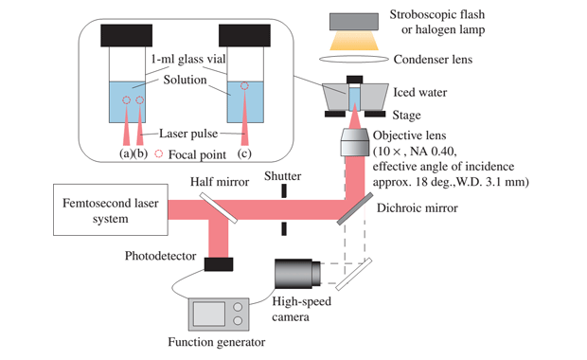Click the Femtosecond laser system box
tap(111, 209)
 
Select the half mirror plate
tap(219, 207)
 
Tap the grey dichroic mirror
tap(354, 208)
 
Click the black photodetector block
tap(219, 264)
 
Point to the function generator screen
tap(209, 314)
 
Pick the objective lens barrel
tap(354, 142)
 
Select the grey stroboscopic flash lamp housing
tap(354, 22)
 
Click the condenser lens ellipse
tap(354, 59)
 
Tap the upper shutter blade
tap(284, 190)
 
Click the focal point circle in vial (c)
tap(244, 86)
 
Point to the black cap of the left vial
tap(127, 36)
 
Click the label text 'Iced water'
tap(420, 92)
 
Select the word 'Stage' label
tap(406, 115)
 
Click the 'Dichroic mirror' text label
tap(417, 207)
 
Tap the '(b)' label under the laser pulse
tap(140, 153)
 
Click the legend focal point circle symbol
tap(159, 153)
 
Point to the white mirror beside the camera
tap(354, 274)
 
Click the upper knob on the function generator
tap(238, 307)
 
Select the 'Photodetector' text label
tap(160, 256)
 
